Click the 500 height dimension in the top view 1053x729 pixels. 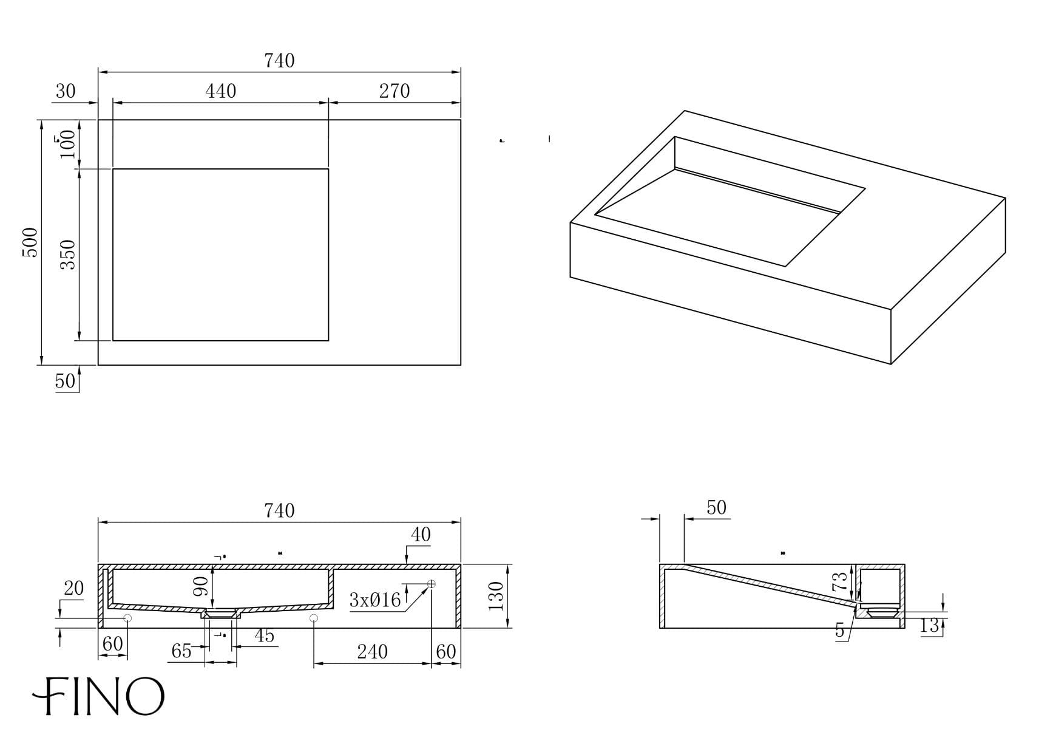pyautogui.click(x=30, y=242)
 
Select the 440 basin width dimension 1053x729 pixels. pyautogui.click(x=220, y=91)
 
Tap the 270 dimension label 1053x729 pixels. pyautogui.click(x=394, y=91)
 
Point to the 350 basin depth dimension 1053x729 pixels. pyautogui.click(x=69, y=255)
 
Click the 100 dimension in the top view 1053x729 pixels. pyautogui.click(x=69, y=143)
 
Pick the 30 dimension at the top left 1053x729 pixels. pyautogui.click(x=66, y=91)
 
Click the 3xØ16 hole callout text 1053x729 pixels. pyautogui.click(x=375, y=601)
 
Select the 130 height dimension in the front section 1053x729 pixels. pyautogui.click(x=496, y=596)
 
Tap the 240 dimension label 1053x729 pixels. pyautogui.click(x=372, y=652)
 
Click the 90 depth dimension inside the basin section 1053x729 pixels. pyautogui.click(x=201, y=586)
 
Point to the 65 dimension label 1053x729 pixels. pyautogui.click(x=181, y=651)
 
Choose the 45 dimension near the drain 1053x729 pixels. pyautogui.click(x=264, y=635)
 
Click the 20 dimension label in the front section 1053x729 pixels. pyautogui.click(x=73, y=588)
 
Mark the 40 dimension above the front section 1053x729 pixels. pyautogui.click(x=421, y=535)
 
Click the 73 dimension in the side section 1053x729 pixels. pyautogui.click(x=839, y=582)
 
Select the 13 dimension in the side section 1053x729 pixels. pyautogui.click(x=929, y=626)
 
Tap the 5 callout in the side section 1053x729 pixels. pyautogui.click(x=840, y=631)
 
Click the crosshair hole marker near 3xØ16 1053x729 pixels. pyautogui.click(x=432, y=584)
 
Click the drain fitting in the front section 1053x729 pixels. pyautogui.click(x=221, y=614)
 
